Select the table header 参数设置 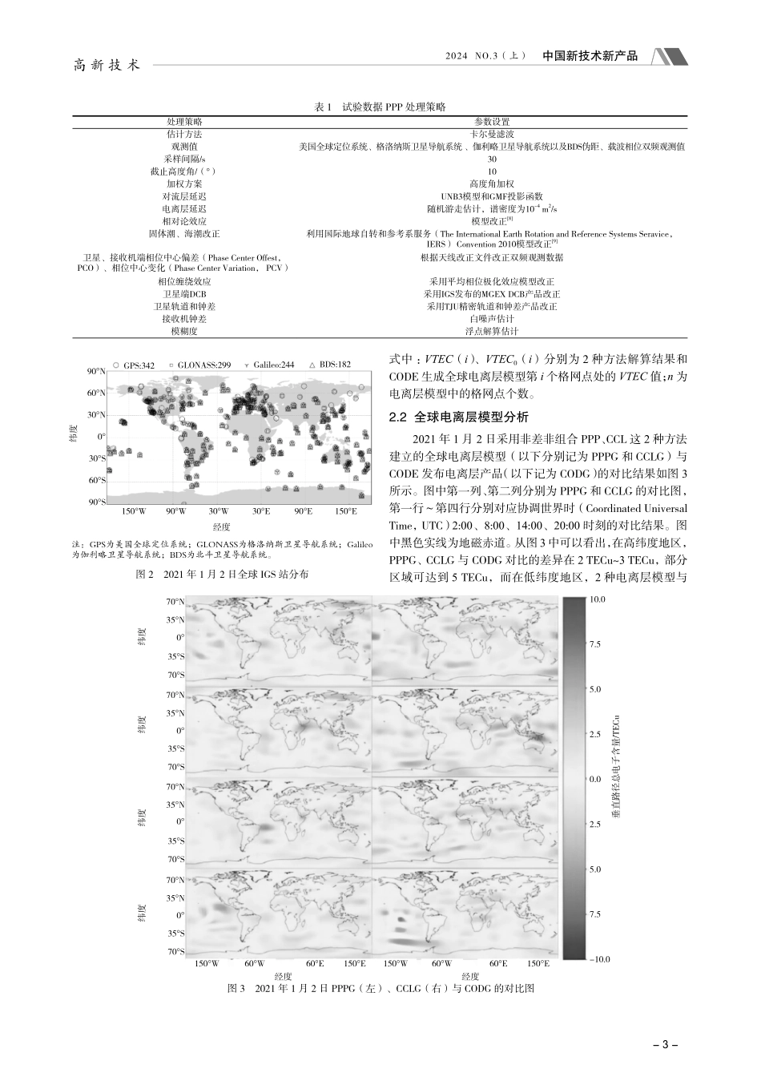[x=492, y=122]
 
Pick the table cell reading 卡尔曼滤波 [x=492, y=134]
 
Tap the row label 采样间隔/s [x=183, y=159]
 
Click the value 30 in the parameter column [x=492, y=159]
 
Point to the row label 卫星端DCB [x=183, y=294]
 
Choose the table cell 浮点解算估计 [x=492, y=331]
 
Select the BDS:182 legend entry [x=329, y=365]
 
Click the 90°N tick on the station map [x=95, y=371]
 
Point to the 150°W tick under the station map [x=133, y=510]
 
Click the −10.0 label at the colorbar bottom [x=598, y=958]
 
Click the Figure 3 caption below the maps [x=381, y=989]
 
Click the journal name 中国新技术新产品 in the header [x=590, y=56]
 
